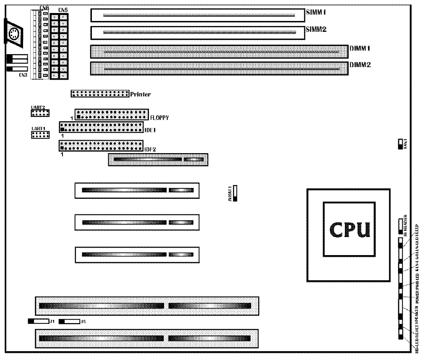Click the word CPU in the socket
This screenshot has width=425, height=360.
coord(349,230)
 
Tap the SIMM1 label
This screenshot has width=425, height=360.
coord(316,12)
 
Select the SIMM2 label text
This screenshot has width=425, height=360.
coord(316,29)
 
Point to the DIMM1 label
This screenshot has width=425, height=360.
coord(360,48)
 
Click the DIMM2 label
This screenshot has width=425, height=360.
coord(360,65)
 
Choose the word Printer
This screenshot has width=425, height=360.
coord(141,94)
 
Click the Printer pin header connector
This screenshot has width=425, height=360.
coord(99,94)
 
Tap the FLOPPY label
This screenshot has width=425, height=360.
coord(159,118)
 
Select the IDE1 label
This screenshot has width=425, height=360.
coord(150,130)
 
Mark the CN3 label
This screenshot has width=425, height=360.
coord(23,75)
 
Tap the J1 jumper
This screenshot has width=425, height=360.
coord(38,321)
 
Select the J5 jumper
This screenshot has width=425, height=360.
coord(69,321)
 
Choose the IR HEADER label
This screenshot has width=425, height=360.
coord(406,224)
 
